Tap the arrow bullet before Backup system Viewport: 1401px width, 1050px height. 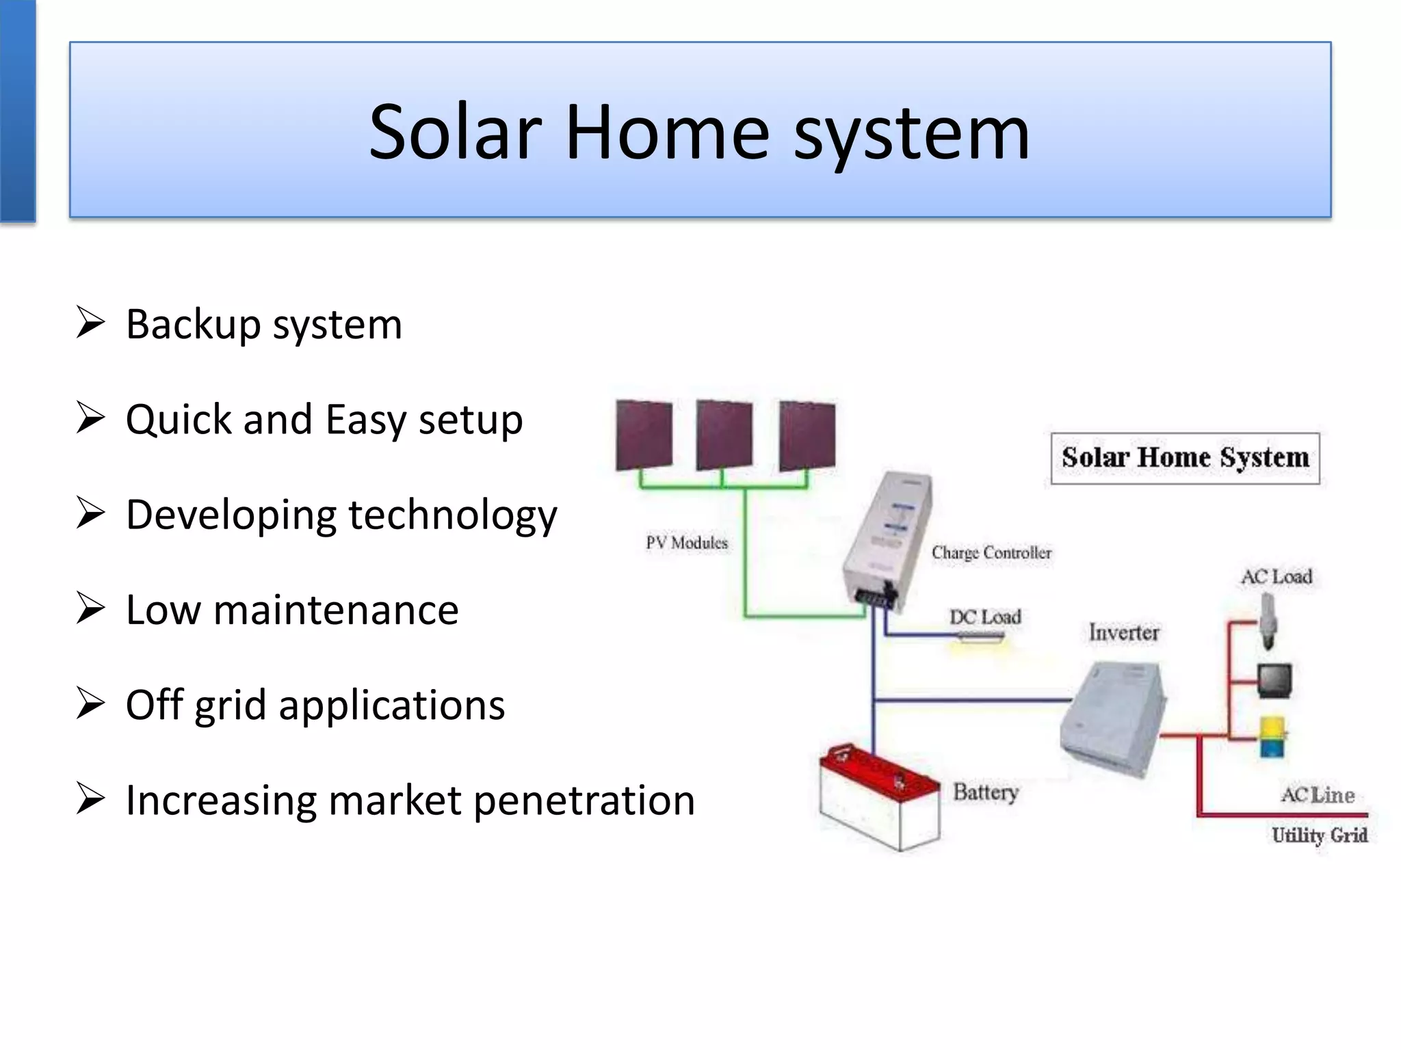pyautogui.click(x=90, y=323)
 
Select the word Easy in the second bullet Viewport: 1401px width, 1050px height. pyautogui.click(x=366, y=419)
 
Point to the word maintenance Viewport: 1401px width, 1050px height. pyautogui.click(x=335, y=610)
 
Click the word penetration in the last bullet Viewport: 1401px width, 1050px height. pyautogui.click(x=584, y=800)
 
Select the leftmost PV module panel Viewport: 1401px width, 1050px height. pyautogui.click(x=644, y=435)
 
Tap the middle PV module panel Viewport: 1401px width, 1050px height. pyautogui.click(x=724, y=435)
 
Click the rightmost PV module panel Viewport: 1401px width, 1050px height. pyautogui.click(x=807, y=435)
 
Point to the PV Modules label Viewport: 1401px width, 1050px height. pyautogui.click(x=687, y=543)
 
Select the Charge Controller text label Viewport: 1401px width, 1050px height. pyautogui.click(x=991, y=552)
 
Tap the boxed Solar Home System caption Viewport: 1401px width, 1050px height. pyautogui.click(x=1185, y=458)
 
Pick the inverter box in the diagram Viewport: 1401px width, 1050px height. pyautogui.click(x=1113, y=718)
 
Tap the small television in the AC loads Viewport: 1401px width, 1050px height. pyautogui.click(x=1274, y=680)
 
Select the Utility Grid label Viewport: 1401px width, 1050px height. pyautogui.click(x=1320, y=835)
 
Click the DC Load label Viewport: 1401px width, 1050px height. pyautogui.click(x=984, y=617)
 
